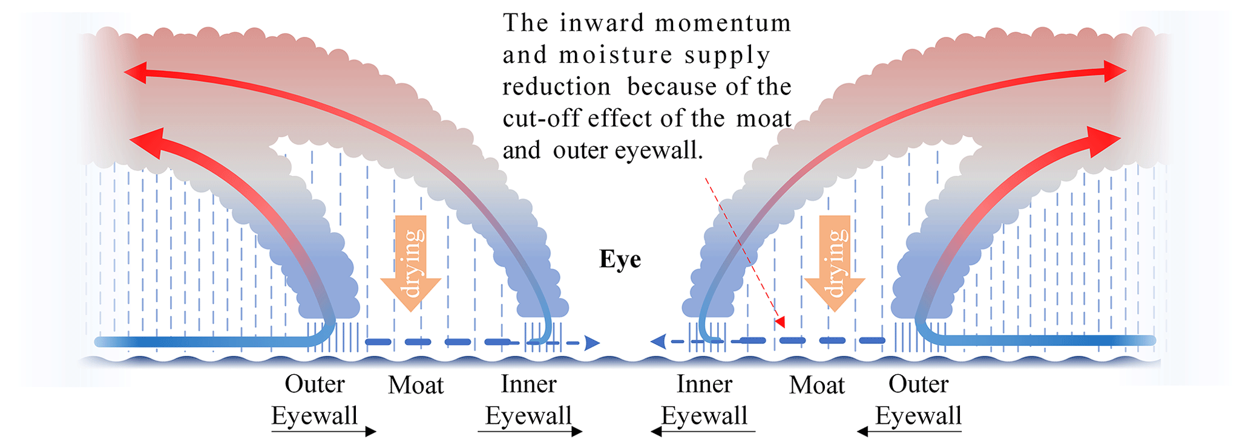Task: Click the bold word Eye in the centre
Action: pos(620,259)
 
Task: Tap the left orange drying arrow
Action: pos(410,263)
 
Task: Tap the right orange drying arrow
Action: pos(835,263)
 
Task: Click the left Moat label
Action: pos(416,385)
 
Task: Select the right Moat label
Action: pos(816,385)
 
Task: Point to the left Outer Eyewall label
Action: pos(315,400)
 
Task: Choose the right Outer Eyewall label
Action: pos(918,400)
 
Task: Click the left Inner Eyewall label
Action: pos(528,400)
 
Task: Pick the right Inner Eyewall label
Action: pos(704,400)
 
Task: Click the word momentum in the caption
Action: pos(723,23)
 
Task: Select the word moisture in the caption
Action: pos(615,55)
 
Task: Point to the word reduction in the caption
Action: pos(556,87)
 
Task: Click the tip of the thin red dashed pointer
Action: pos(783,326)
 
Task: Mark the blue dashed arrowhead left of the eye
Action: pos(593,343)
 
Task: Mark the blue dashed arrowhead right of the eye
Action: pos(658,342)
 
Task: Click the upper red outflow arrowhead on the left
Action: pos(134,73)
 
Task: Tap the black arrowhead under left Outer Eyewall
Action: pos(370,432)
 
